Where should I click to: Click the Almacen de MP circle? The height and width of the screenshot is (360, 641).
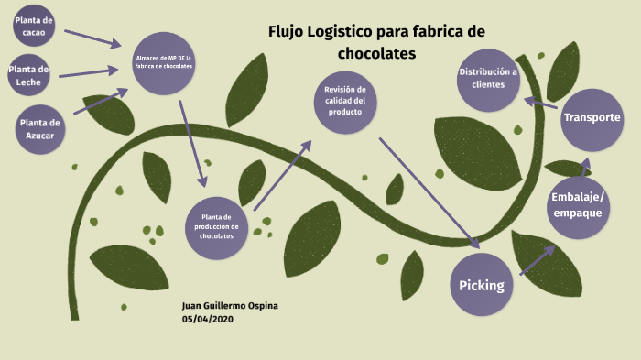(163, 62)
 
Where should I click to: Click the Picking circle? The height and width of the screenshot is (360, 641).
(482, 285)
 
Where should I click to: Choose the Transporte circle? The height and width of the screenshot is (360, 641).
(592, 118)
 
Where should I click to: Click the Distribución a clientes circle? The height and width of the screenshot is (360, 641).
(488, 78)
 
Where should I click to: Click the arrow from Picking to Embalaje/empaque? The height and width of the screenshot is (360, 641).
(538, 260)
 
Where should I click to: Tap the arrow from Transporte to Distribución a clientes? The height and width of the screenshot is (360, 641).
(541, 104)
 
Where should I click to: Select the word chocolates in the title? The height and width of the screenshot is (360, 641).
(376, 54)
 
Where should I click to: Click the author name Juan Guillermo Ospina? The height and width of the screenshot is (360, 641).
(230, 305)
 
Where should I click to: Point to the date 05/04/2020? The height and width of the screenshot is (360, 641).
(209, 318)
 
